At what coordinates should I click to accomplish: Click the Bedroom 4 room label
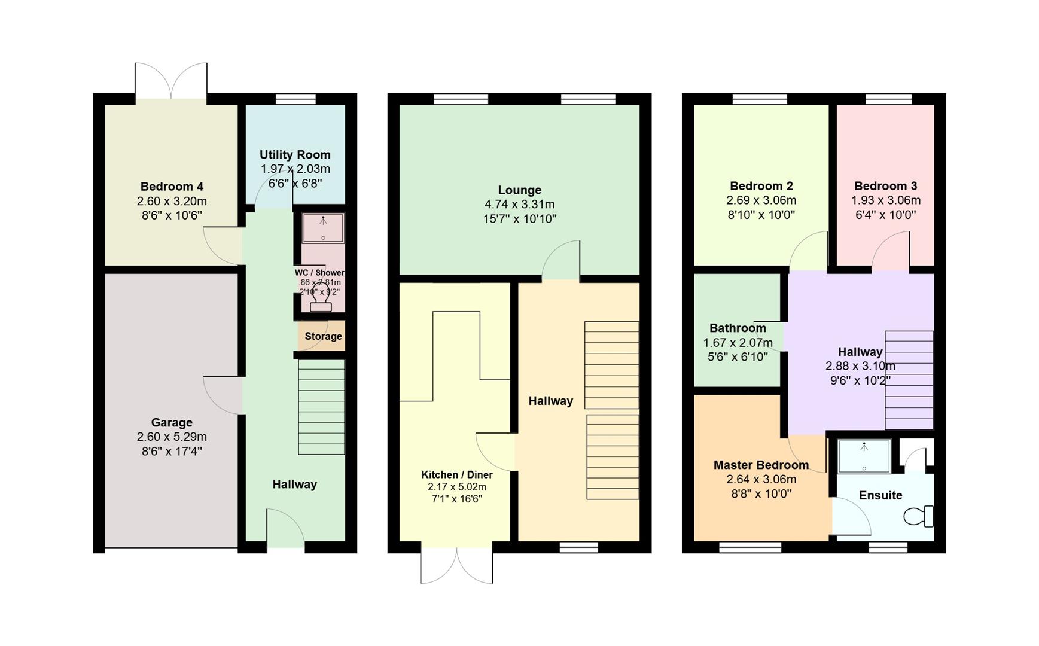172,187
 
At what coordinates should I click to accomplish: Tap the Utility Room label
295,155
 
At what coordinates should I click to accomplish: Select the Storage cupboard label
323,336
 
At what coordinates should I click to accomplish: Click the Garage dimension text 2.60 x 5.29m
172,437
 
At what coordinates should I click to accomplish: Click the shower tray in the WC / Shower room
323,228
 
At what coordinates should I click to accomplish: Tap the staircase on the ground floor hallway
321,407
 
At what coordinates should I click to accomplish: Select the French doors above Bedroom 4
171,81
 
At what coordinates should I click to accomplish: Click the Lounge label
519,190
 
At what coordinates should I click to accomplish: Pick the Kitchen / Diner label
457,475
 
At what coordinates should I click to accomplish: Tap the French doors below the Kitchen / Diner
457,565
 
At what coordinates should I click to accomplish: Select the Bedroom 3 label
885,186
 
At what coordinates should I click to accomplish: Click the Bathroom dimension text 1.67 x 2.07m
738,343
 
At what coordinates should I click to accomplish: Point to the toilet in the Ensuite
919,516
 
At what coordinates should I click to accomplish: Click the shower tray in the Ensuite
864,456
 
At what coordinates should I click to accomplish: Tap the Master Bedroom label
761,465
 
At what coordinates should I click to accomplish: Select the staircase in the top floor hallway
909,380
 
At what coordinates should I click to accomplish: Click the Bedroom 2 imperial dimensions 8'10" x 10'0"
761,215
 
